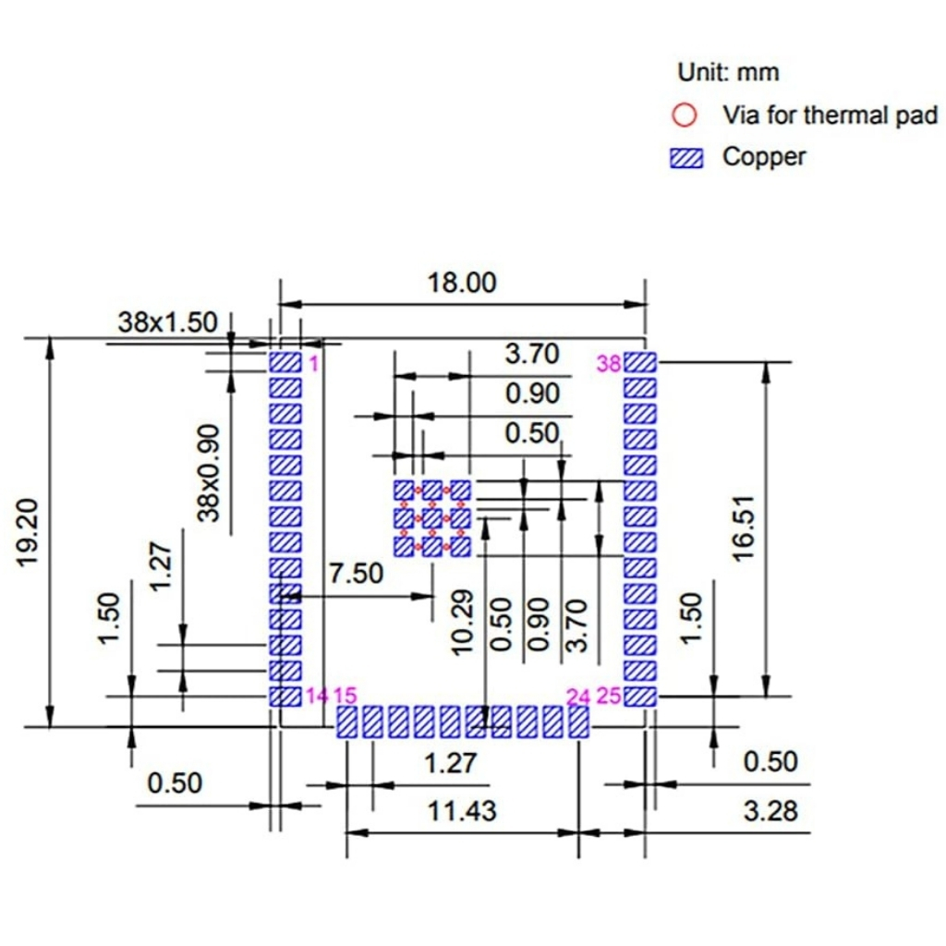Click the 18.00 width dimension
tap(461, 283)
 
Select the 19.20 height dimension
tap(33, 534)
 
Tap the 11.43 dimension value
tap(461, 811)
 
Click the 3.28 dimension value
tap(770, 811)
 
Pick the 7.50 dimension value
tap(356, 574)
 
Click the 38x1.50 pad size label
tap(167, 322)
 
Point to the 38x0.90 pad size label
tap(210, 472)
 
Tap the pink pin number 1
tap(313, 363)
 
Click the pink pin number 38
tap(609, 364)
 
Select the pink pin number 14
tap(316, 696)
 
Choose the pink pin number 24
tap(578, 696)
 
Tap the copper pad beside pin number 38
tap(639, 362)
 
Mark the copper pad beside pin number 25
tap(639, 696)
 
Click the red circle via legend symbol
tap(685, 115)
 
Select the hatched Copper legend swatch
tap(685, 158)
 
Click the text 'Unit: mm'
tap(728, 72)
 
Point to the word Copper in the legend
tap(764, 157)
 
